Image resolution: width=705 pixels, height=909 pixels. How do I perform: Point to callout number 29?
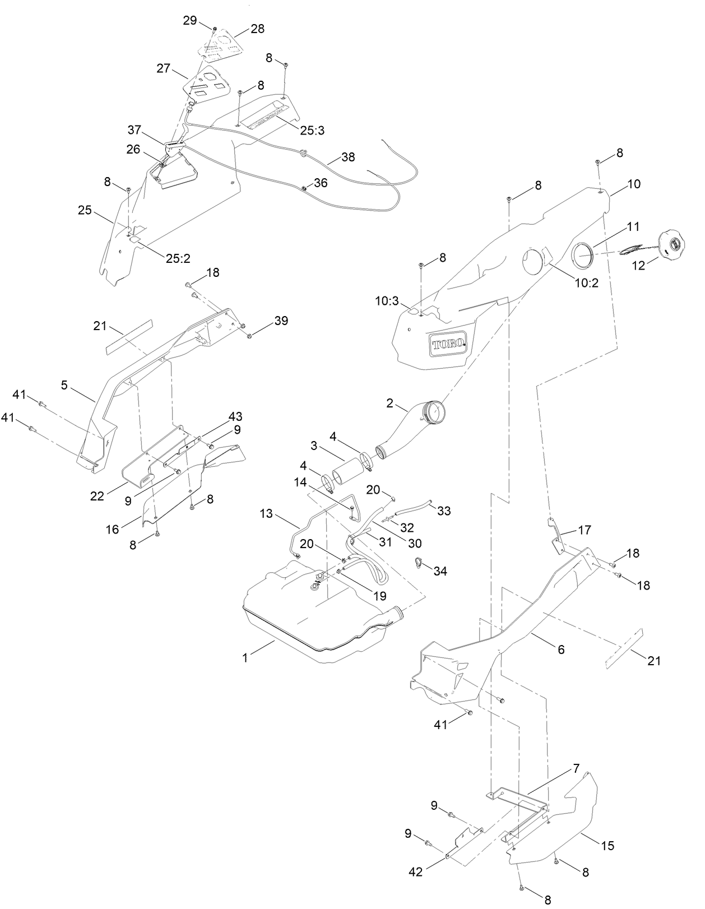click(x=190, y=21)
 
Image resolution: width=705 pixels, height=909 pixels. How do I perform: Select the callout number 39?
click(x=281, y=321)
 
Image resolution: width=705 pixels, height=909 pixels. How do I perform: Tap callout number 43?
click(x=235, y=417)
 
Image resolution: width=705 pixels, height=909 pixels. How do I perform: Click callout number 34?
click(x=440, y=571)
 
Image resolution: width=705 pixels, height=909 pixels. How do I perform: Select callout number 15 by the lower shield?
click(x=608, y=845)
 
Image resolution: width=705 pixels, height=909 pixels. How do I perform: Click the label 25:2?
click(x=178, y=258)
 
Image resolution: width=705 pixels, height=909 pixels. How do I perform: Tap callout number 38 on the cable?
click(x=348, y=157)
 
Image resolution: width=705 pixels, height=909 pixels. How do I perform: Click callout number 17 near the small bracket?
click(x=585, y=530)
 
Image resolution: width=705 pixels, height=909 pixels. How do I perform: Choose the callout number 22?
click(x=97, y=495)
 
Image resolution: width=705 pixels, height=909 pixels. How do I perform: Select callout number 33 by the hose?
click(x=444, y=511)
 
